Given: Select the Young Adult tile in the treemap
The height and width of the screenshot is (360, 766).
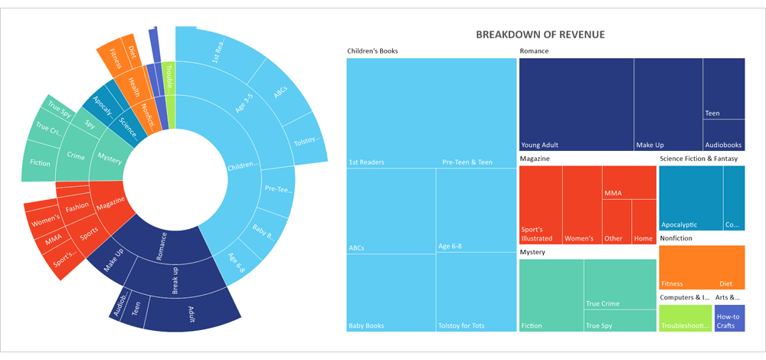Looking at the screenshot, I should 576,103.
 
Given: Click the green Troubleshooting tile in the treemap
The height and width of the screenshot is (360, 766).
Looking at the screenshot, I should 685,318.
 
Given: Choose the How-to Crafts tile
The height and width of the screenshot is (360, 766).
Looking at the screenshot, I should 729,318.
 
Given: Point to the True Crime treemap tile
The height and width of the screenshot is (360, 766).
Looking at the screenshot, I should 619,283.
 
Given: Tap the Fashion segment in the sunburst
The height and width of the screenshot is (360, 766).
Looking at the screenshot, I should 77,207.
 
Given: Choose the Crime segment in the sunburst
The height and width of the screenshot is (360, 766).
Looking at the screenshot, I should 75,155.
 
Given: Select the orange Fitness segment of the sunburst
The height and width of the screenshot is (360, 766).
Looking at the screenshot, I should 115,57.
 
